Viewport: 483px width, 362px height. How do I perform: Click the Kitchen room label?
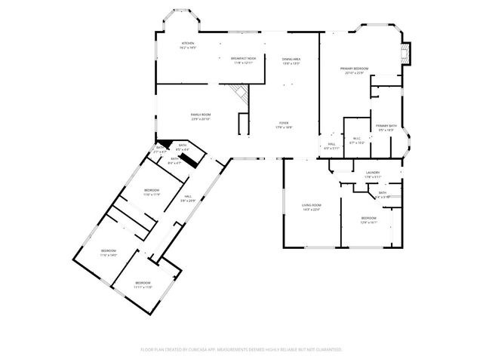[x=188, y=44]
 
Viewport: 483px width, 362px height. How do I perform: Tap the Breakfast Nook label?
[x=243, y=59]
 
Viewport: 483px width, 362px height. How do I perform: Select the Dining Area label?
[x=291, y=59]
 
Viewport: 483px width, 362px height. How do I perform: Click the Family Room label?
[x=200, y=115]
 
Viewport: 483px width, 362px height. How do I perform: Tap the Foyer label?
[x=284, y=124]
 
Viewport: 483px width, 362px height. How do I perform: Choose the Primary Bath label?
[x=386, y=125]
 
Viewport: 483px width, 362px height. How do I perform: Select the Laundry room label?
[x=372, y=173]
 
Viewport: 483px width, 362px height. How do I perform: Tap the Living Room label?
[x=312, y=205]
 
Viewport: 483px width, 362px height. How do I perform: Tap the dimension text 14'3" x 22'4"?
[x=312, y=210]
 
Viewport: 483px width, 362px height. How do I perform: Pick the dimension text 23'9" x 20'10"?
[x=200, y=119]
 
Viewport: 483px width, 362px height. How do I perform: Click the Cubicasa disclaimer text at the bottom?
[x=241, y=349]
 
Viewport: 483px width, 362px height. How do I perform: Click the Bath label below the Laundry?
[x=383, y=193]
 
